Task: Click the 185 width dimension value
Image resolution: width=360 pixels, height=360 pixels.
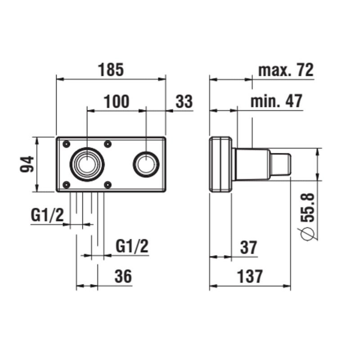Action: [x=111, y=70]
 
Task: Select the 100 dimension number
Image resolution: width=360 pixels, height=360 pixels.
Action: [x=117, y=102]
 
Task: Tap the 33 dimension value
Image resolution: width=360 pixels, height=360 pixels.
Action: [x=184, y=102]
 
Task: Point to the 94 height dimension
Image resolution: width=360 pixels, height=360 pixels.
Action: [x=27, y=164]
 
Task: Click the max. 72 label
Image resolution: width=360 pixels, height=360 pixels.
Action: [x=286, y=70]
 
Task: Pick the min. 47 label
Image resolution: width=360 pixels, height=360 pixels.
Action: [x=276, y=101]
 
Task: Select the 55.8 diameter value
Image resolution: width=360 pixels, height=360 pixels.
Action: [x=307, y=207]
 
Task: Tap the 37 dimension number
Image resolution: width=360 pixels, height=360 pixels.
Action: [x=249, y=247]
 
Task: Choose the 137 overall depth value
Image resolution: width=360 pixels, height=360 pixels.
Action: [x=250, y=277]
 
